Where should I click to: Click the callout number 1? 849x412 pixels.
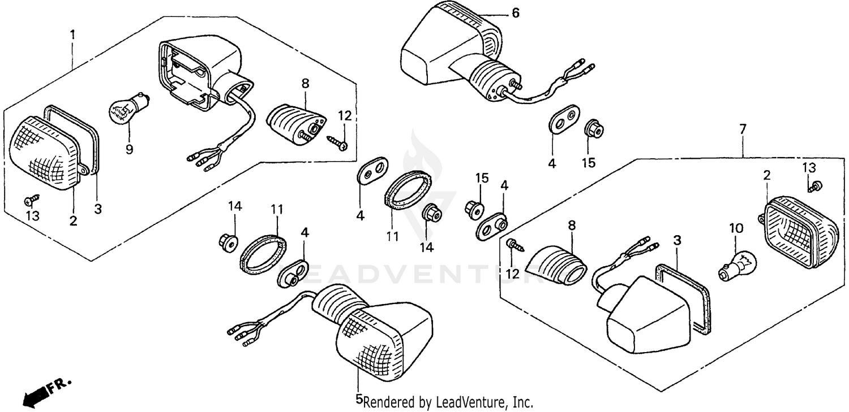click(x=72, y=34)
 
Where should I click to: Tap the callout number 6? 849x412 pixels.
click(x=514, y=13)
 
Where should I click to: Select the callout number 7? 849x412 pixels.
click(x=743, y=129)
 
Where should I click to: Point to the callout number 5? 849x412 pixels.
click(x=358, y=399)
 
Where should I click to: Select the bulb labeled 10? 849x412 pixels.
click(x=734, y=266)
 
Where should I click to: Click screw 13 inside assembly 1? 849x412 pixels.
click(x=33, y=199)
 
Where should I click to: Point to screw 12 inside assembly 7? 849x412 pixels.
click(x=515, y=245)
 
